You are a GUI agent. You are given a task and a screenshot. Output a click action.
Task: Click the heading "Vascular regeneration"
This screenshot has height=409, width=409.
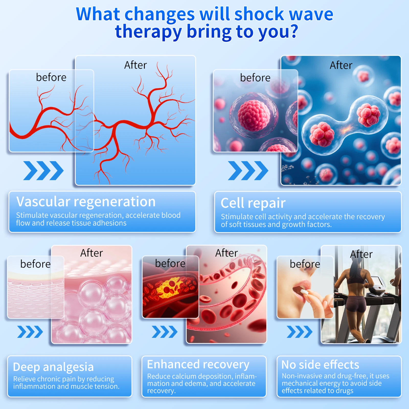pyautogui.click(x=86, y=202)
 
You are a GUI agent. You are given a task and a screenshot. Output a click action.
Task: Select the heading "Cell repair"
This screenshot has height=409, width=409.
pyautogui.click(x=253, y=203)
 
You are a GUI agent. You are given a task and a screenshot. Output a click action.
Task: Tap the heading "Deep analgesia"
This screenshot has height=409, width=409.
pyautogui.click(x=53, y=367)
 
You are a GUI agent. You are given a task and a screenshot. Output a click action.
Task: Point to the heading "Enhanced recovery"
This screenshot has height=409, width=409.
pyautogui.click(x=198, y=365)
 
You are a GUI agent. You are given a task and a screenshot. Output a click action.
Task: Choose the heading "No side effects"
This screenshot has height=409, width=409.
pyautogui.click(x=320, y=365)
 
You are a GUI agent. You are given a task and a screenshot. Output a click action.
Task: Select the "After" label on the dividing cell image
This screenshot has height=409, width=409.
pyautogui.click(x=341, y=65)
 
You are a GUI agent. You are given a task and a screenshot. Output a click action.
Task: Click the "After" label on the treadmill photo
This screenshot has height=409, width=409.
pyautogui.click(x=361, y=254)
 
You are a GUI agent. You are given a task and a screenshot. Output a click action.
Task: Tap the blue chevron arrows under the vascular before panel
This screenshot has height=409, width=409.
pyautogui.click(x=43, y=171)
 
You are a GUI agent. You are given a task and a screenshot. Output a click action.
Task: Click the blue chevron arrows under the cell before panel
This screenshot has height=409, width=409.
pyautogui.click(x=248, y=171)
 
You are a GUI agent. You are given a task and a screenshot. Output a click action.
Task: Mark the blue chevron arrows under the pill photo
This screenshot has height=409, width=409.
pyautogui.click(x=300, y=332)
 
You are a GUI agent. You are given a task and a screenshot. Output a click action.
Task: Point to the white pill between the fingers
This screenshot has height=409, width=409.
pyautogui.click(x=304, y=292)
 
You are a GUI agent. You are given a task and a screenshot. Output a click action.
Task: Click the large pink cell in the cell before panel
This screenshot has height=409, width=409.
pyautogui.click(x=254, y=115)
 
